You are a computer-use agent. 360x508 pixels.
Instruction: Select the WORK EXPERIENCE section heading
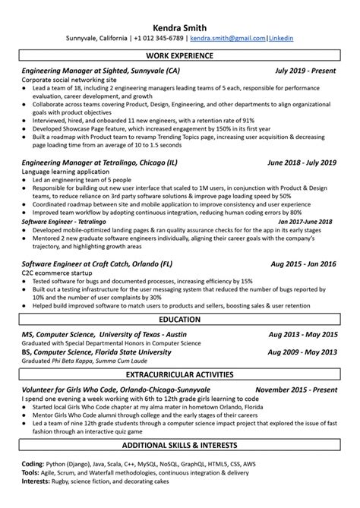click(x=179, y=56)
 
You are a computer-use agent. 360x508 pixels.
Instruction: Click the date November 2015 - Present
click(x=296, y=389)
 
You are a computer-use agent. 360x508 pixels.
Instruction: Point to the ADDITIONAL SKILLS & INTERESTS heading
click(x=179, y=444)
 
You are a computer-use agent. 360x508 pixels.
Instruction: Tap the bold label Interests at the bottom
click(x=37, y=480)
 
